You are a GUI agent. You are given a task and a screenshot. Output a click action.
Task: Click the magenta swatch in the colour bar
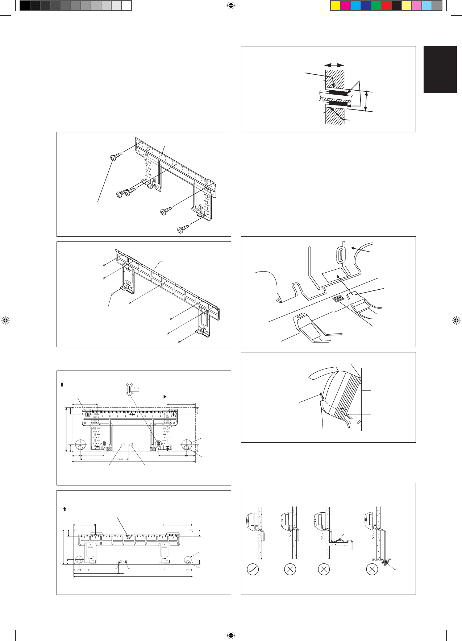[x=346, y=6]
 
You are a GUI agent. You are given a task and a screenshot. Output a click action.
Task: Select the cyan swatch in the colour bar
[x=356, y=6]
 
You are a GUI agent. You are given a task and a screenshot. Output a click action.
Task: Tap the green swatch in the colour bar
[x=376, y=6]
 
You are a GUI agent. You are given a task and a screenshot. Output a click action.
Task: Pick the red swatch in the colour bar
[x=386, y=6]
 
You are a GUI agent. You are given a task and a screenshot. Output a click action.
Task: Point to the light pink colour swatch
[x=417, y=6]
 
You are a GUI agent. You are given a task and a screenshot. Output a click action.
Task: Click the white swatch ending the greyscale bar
[x=126, y=6]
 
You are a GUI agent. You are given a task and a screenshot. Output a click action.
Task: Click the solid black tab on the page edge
[x=440, y=70]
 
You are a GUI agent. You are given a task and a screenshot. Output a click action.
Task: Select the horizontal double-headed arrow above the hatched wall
[x=334, y=65]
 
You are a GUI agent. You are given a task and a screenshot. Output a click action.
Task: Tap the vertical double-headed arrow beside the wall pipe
[x=366, y=101]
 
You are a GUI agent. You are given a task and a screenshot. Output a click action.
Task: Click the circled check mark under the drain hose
[x=253, y=569]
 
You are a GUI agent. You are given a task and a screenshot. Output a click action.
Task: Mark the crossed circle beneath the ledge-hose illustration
[x=324, y=569]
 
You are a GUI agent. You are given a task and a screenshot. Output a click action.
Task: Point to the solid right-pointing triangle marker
[x=165, y=397]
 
